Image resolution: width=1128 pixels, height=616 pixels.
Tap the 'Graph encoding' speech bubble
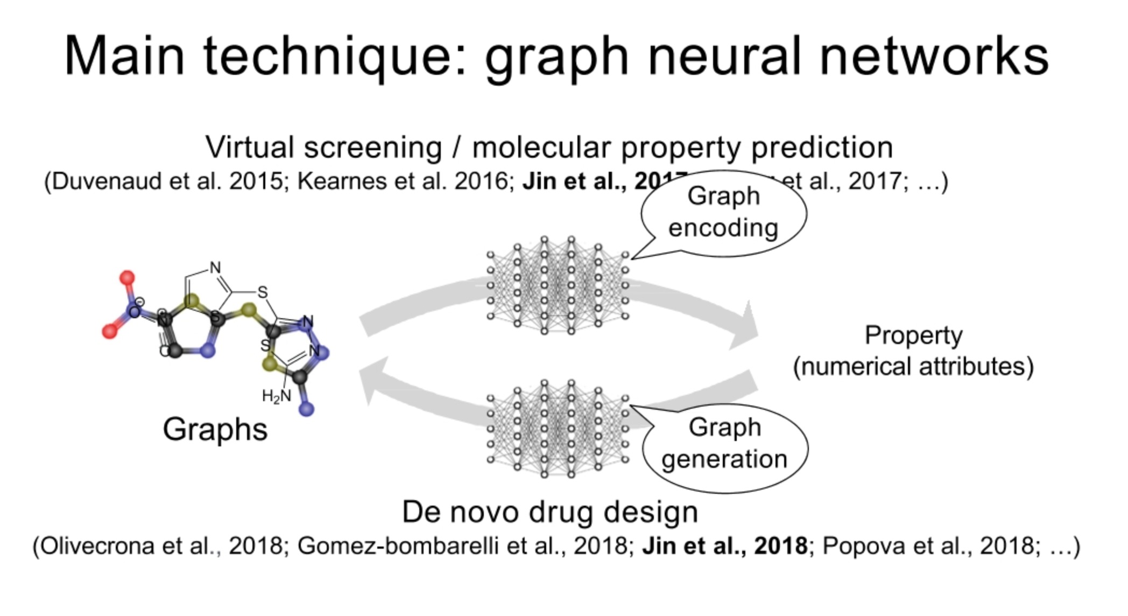723,212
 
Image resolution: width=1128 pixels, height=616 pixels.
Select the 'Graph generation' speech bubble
724,444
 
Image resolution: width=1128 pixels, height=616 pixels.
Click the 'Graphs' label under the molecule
215,430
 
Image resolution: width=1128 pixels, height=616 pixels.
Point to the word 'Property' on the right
913,335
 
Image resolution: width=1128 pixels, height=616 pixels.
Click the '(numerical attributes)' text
913,367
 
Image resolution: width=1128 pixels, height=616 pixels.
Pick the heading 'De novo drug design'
549,512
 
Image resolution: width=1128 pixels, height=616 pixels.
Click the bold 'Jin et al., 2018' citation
724,546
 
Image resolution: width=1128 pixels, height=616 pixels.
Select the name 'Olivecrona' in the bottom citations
97,546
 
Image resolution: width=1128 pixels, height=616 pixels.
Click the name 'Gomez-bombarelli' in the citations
398,546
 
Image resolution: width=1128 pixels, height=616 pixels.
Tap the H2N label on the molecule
276,396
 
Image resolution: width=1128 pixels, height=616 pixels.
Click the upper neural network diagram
557,285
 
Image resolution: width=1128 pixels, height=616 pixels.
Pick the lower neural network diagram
557,429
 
